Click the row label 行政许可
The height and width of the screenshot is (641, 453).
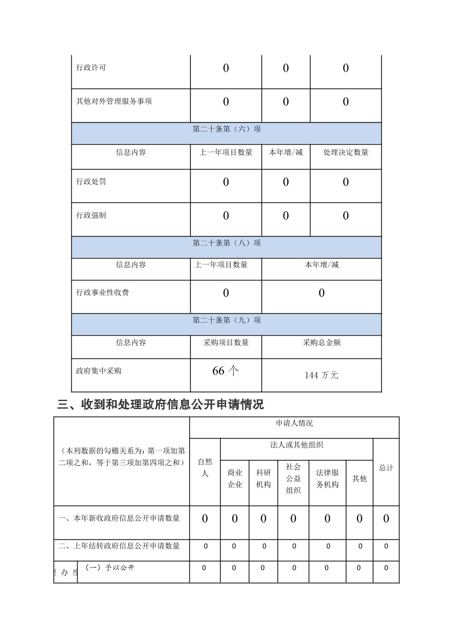[x=91, y=68]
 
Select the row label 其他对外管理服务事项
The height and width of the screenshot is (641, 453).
[x=114, y=102]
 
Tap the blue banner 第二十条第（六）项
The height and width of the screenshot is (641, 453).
[x=227, y=129]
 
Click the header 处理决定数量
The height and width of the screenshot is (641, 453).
[x=345, y=153]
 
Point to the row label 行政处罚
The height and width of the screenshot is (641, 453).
[x=91, y=182]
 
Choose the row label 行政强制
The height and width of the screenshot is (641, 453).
[x=91, y=215]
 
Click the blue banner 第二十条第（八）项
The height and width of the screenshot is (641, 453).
[x=227, y=243]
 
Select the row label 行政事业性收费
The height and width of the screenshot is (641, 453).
[x=102, y=293]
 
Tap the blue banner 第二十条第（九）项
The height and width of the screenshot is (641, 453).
[x=227, y=320]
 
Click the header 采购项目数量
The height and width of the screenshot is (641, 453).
[x=226, y=343]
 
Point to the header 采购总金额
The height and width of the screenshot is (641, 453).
[x=321, y=343]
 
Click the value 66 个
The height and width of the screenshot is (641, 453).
[x=226, y=371]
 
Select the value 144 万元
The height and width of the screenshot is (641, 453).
[x=321, y=375]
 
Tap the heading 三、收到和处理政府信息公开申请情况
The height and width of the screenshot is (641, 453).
[x=160, y=405]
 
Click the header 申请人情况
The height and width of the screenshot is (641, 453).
[x=294, y=423]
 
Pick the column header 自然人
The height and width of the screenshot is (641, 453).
[x=205, y=468]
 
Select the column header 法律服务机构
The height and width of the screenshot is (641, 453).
[x=327, y=479]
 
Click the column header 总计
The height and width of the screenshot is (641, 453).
[x=386, y=468]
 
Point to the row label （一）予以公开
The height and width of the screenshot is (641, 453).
[x=110, y=568]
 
